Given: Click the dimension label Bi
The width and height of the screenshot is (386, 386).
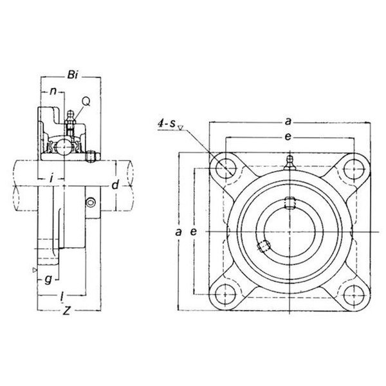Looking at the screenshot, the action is click(73, 75).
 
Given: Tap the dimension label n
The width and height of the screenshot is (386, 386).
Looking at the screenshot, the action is click(53, 91).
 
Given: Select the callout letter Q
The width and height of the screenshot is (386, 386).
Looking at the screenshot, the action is click(86, 101).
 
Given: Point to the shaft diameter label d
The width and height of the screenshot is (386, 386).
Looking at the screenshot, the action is click(115, 185).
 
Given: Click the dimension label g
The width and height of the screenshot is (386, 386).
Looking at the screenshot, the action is click(48, 279).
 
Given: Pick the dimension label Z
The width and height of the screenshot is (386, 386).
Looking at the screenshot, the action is click(66, 311).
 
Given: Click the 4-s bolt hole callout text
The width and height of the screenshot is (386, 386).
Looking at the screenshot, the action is click(167, 123).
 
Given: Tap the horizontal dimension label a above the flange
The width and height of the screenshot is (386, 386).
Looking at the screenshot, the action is click(288, 122).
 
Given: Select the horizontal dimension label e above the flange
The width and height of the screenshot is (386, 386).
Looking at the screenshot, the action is click(288, 136).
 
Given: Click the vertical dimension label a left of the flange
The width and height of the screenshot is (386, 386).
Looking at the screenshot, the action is click(178, 232).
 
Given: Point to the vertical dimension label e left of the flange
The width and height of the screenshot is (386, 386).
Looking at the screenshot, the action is click(194, 232).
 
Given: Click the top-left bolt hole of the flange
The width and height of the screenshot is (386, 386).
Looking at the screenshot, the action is click(226, 169).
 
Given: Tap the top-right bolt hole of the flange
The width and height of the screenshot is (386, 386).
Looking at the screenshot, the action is click(354, 169).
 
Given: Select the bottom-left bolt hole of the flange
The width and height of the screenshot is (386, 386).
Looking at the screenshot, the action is click(225, 295).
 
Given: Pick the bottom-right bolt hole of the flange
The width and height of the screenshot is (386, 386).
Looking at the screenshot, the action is click(353, 295).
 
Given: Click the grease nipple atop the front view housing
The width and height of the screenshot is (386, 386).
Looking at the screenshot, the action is click(289, 163).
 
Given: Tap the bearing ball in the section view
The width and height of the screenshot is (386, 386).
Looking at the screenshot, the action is click(64, 147).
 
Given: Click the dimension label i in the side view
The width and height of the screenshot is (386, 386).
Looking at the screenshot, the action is click(51, 178).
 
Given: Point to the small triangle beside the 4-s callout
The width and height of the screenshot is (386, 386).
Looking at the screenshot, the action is click(181, 127).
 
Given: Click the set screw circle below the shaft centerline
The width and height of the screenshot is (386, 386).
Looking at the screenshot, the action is click(91, 203).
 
